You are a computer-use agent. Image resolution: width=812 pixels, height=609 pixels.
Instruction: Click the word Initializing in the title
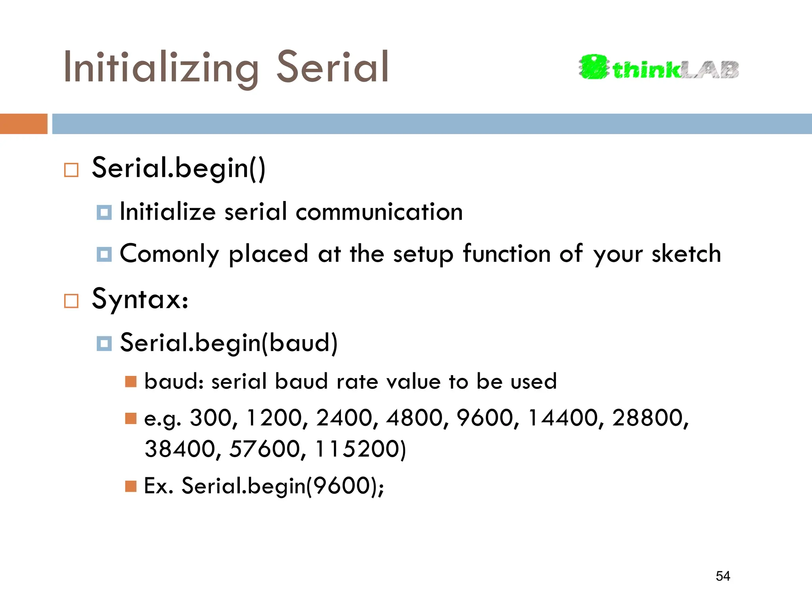pos(161,68)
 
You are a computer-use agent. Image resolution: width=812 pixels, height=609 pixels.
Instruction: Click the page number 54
pos(723,576)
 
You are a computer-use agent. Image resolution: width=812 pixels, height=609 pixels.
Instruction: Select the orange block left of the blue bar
pos(23,124)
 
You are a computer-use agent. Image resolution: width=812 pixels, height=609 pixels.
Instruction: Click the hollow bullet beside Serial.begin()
pos(71,170)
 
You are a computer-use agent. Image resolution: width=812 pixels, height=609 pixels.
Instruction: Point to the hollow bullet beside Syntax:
pos(71,301)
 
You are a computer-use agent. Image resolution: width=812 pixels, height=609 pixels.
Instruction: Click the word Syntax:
pos(140,299)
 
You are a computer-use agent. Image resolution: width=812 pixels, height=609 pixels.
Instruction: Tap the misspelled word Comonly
pos(169,254)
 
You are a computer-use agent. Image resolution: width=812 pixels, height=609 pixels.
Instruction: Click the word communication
pos(379,212)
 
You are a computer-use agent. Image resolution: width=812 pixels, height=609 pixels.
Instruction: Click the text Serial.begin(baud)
pos(229,343)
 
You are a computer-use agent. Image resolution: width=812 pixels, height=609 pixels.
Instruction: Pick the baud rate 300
pos(211,418)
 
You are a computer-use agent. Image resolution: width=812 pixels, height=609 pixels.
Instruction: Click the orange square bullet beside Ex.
pos(131,486)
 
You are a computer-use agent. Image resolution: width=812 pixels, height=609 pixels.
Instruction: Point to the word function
pos(507,254)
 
